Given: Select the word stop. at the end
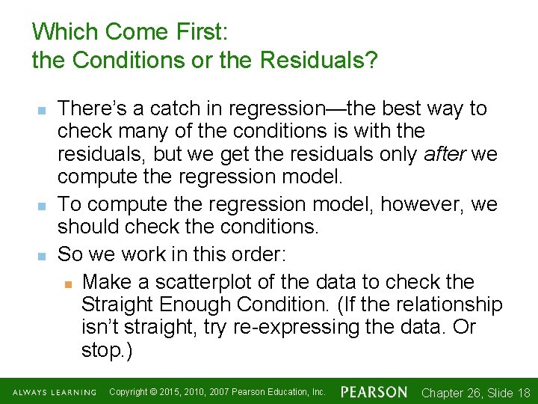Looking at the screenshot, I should coord(106,351).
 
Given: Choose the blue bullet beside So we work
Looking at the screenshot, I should coord(42,255).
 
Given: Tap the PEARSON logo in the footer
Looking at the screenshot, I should coord(374,392).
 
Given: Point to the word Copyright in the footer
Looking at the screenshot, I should coord(128,392).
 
